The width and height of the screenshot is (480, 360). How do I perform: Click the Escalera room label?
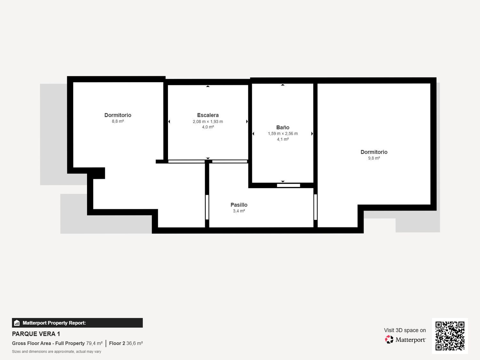coord(208,115)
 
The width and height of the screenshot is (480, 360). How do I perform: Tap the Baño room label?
coord(283,127)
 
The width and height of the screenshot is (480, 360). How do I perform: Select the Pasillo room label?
coord(239,205)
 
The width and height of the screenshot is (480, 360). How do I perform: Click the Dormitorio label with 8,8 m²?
coord(118,115)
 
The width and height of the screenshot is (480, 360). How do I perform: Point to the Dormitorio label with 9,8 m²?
coord(374,152)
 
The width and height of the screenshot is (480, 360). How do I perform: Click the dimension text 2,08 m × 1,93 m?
coord(208,122)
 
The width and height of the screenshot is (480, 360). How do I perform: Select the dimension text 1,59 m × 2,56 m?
coord(283,133)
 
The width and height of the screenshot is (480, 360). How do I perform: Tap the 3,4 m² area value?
coord(239,211)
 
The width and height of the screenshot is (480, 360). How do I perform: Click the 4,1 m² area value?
coord(283,139)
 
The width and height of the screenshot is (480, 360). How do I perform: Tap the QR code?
coord(450,336)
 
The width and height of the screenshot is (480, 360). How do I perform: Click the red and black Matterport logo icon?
coord(389,340)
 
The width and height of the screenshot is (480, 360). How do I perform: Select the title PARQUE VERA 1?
coord(36,334)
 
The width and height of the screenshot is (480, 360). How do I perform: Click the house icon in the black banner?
coord(17,323)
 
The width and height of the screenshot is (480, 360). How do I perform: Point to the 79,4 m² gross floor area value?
coord(94,343)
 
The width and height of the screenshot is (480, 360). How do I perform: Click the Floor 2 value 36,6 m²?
coord(134,343)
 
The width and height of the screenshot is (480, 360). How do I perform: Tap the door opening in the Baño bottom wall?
coord(288,185)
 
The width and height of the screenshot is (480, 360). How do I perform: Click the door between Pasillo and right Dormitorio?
coord(315,207)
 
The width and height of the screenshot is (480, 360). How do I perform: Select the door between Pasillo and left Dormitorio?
coord(207,207)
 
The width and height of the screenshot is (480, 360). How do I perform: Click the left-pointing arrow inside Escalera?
coord(169,122)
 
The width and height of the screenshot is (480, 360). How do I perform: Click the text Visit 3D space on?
coord(405,330)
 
